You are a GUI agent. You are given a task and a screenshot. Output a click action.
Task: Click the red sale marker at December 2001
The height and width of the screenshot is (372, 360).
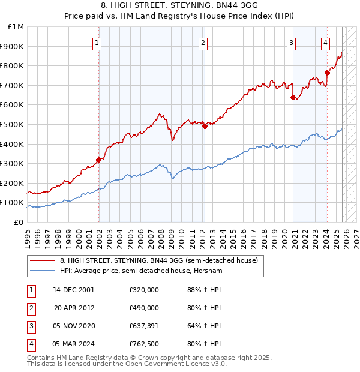[x=98, y=160]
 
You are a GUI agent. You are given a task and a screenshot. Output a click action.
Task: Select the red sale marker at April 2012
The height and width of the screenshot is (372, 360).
[x=205, y=126]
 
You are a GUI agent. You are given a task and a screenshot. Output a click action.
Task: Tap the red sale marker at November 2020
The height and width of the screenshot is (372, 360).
[x=292, y=97]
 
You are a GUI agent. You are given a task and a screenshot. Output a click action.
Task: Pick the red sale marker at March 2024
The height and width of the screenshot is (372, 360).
[x=327, y=73]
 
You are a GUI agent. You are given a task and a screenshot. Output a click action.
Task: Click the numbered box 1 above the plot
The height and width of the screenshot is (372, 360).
[x=97, y=43]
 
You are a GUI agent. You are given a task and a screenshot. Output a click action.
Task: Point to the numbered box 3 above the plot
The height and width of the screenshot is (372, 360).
[x=291, y=43]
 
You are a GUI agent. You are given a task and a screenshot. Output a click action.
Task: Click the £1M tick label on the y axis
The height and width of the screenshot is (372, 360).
[x=16, y=27]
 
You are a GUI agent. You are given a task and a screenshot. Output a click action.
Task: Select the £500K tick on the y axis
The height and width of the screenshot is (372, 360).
[x=13, y=124]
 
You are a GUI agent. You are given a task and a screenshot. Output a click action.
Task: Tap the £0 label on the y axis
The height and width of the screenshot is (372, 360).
[x=19, y=222]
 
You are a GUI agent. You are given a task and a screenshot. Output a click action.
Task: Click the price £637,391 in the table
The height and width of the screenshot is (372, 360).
[x=144, y=326]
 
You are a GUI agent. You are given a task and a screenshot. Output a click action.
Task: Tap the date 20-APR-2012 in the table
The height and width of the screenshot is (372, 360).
[x=76, y=308]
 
